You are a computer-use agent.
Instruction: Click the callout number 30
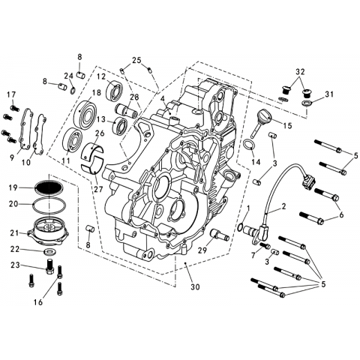195,287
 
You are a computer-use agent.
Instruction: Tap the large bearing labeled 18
85,114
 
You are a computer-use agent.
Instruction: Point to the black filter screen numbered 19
48,187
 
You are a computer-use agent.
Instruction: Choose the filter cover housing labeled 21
49,231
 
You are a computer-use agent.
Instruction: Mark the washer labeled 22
49,252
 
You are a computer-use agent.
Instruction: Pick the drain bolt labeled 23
50,267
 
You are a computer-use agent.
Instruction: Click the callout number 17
11,95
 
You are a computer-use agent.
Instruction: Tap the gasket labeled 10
40,134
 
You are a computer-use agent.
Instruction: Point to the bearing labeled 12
114,89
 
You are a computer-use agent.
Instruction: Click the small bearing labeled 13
121,124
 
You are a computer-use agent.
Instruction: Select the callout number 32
300,72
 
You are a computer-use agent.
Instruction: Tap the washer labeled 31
307,103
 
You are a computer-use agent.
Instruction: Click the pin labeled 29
220,235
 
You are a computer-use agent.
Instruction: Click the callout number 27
98,189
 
